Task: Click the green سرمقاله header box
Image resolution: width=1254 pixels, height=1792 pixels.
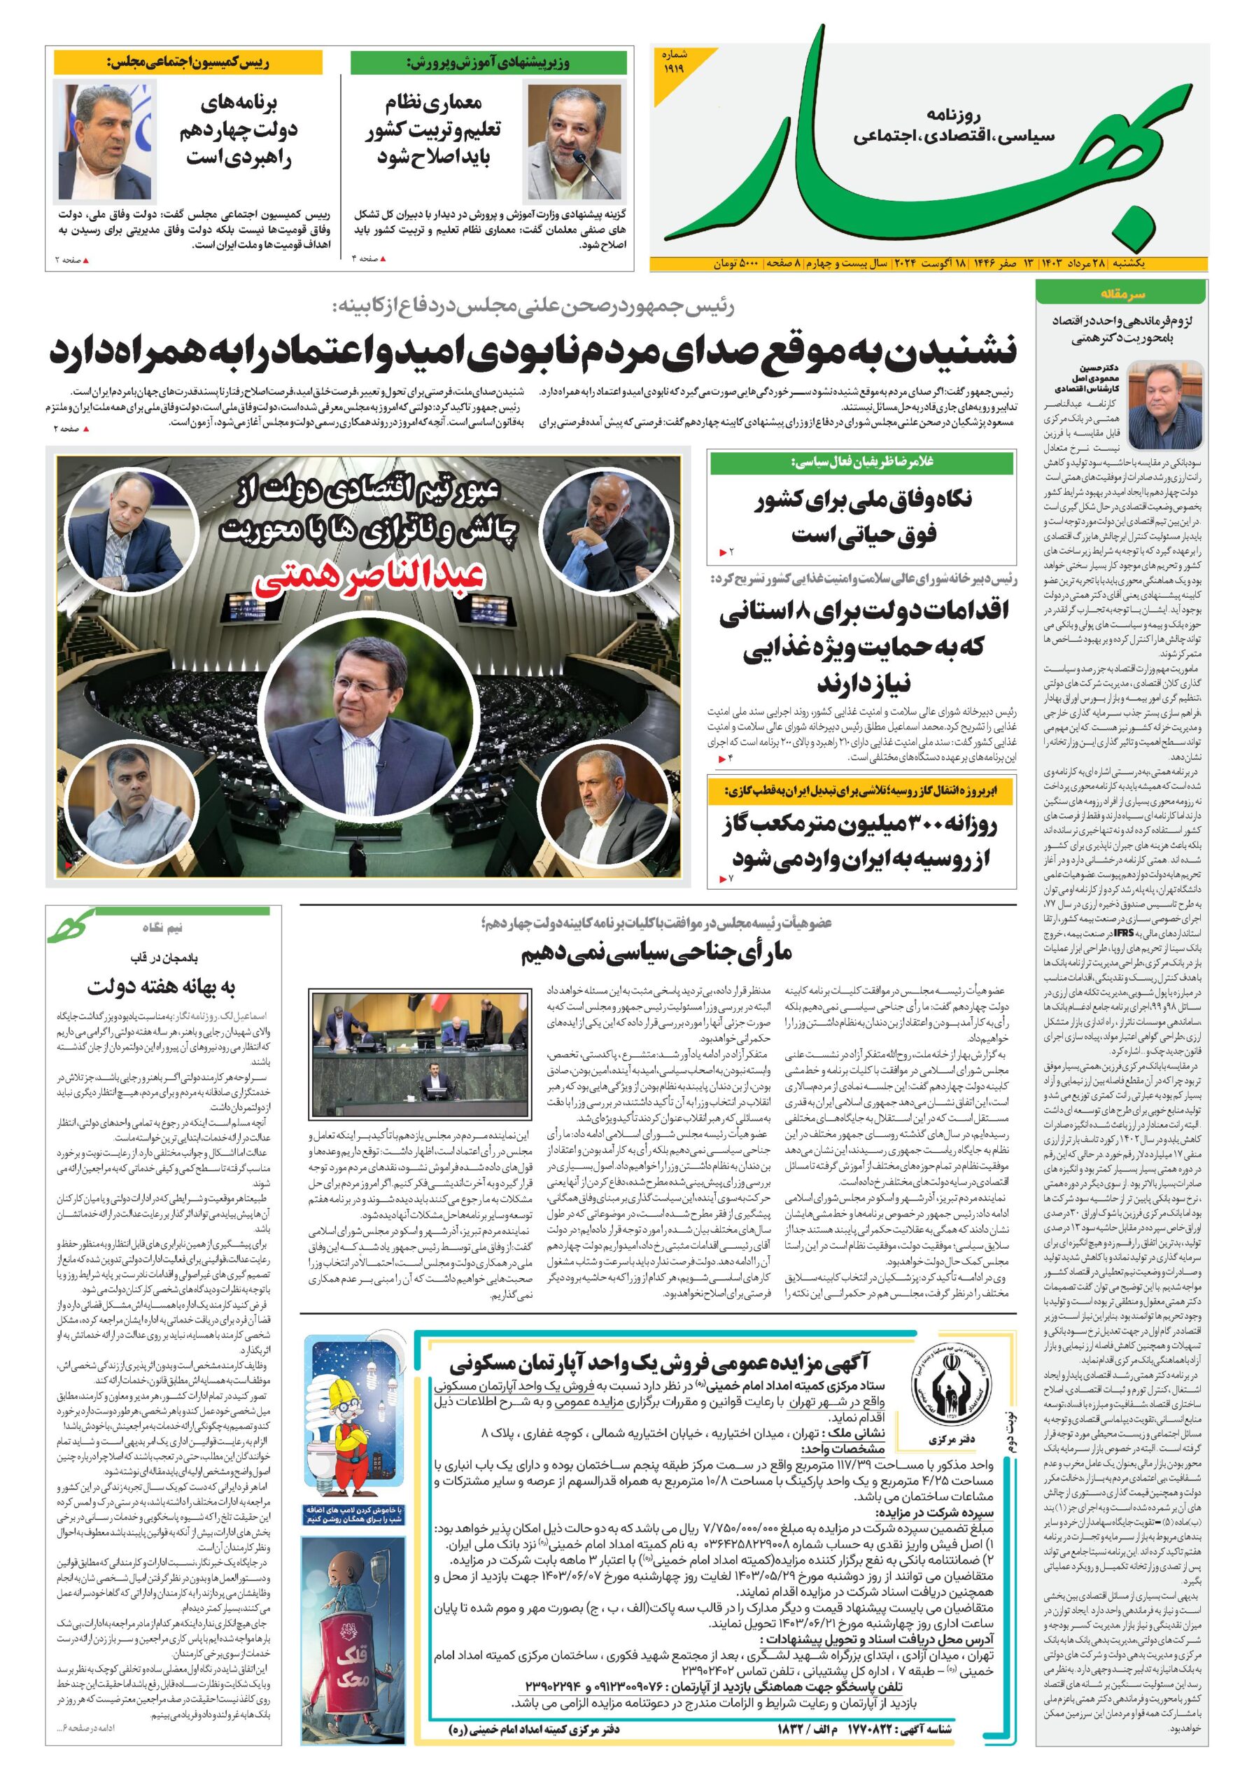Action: tap(1121, 294)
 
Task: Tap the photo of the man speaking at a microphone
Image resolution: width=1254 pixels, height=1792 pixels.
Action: tap(575, 142)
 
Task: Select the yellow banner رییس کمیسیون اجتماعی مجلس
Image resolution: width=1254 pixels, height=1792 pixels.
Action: tap(188, 62)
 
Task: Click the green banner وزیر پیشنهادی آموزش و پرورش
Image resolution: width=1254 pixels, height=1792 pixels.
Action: tap(488, 62)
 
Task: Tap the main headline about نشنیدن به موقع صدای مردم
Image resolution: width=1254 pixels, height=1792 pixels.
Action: tap(533, 351)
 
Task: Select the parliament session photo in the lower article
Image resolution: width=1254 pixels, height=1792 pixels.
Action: tap(419, 1053)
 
